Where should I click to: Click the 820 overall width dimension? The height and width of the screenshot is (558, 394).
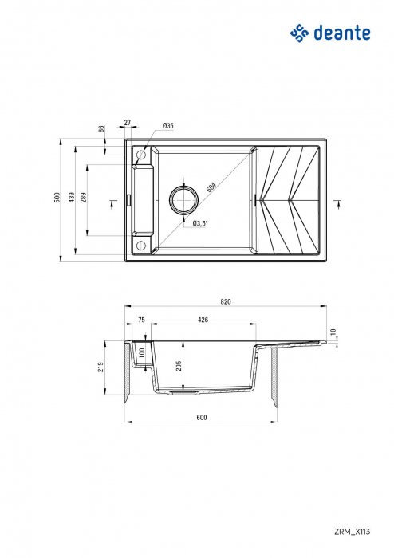coord(225,301)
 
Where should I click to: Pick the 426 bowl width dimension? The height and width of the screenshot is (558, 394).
coord(203,320)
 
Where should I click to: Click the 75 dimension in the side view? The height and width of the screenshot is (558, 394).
coord(141,320)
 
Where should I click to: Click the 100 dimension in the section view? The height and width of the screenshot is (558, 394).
coord(142,352)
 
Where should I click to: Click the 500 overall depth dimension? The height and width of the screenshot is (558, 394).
coord(57,198)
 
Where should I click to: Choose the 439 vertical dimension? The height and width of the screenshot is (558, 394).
coord(72,198)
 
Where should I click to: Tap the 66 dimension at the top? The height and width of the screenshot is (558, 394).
coord(101,129)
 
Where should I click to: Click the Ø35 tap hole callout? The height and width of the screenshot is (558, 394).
coord(167,126)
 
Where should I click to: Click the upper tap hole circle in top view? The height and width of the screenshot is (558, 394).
coord(142,154)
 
